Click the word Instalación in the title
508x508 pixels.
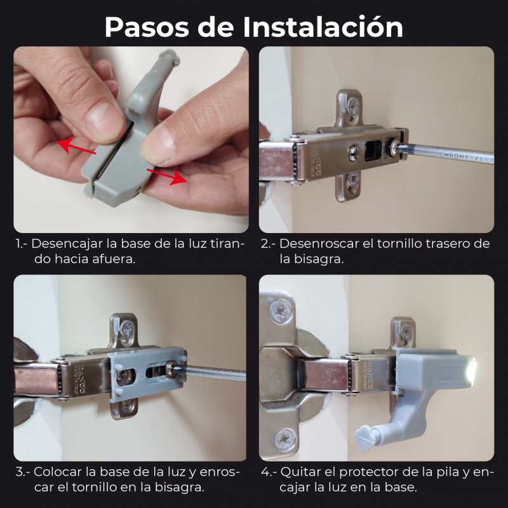pyautogui.click(x=323, y=27)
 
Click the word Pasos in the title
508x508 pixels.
pyautogui.click(x=147, y=27)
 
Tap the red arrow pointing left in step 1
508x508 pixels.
pyautogui.click(x=76, y=145)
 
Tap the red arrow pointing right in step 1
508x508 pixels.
pyautogui.click(x=167, y=177)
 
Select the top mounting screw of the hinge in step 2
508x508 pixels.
pyautogui.click(x=353, y=105)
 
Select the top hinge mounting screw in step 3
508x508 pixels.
pyautogui.click(x=128, y=330)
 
